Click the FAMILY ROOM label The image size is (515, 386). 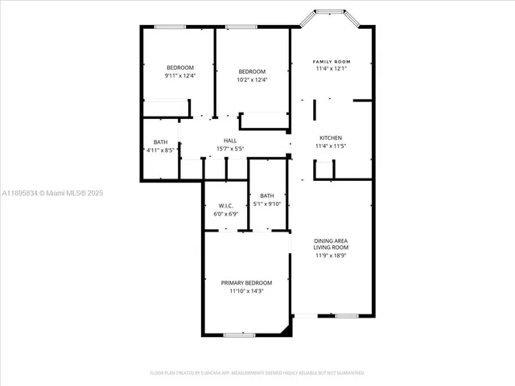(332, 61)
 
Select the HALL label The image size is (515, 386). (230, 141)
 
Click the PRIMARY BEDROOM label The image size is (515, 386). (246, 283)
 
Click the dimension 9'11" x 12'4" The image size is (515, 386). (180, 76)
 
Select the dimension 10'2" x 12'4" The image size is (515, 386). (252, 80)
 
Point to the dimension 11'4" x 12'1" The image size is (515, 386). (332, 69)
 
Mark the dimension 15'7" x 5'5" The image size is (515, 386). (230, 149)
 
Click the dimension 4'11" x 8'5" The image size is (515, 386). (161, 150)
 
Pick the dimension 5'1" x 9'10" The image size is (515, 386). (267, 203)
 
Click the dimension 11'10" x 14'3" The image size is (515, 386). (246, 291)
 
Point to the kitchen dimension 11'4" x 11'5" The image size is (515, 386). (331, 146)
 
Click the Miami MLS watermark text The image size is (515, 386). (52, 193)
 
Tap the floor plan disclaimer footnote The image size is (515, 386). (257, 373)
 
